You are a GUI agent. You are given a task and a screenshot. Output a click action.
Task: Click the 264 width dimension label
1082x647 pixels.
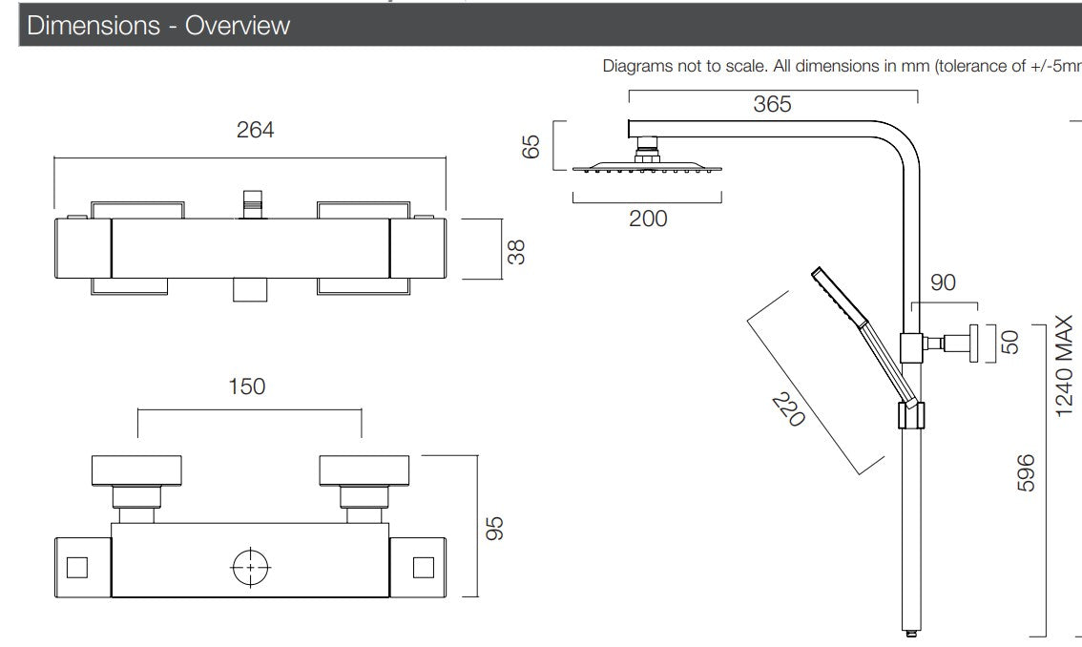(255, 131)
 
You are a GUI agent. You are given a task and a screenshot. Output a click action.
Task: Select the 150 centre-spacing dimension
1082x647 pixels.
(246, 386)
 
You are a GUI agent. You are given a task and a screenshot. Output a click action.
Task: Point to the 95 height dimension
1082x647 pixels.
(494, 527)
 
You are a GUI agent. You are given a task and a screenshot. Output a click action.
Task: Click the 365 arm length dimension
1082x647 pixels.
(772, 104)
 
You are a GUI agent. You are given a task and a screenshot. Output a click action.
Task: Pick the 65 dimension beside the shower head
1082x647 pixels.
(531, 147)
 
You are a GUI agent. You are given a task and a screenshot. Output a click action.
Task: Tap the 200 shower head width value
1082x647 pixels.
(648, 219)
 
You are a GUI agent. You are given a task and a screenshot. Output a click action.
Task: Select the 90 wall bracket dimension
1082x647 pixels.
(943, 283)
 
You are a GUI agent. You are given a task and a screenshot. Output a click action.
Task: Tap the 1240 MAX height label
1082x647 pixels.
(1065, 367)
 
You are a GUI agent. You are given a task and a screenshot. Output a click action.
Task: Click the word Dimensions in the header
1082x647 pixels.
(94, 25)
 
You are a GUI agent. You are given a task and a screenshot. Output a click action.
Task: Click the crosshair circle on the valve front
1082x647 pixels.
(251, 568)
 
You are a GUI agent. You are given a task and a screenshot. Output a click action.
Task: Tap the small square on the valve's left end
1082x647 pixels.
(77, 568)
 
